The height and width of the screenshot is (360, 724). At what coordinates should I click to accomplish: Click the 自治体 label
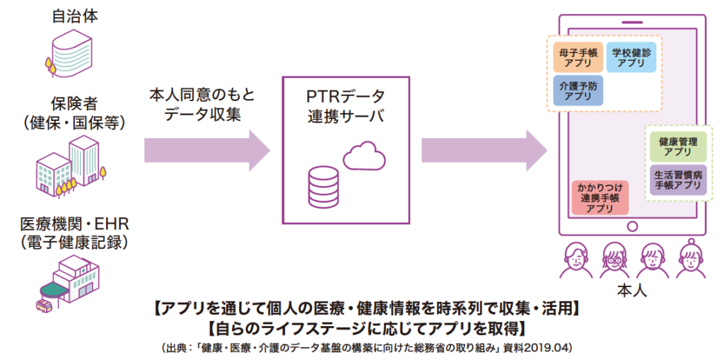coord(74,15)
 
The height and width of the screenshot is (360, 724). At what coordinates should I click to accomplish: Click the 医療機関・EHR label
coord(74,226)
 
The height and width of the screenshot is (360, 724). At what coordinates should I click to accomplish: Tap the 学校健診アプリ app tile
coord(631,58)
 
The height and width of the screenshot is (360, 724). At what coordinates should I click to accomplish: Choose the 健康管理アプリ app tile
coord(677,146)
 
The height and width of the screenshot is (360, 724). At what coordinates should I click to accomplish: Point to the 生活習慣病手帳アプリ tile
coord(677,180)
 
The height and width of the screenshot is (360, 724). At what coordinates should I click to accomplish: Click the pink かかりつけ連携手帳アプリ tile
coord(600,198)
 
